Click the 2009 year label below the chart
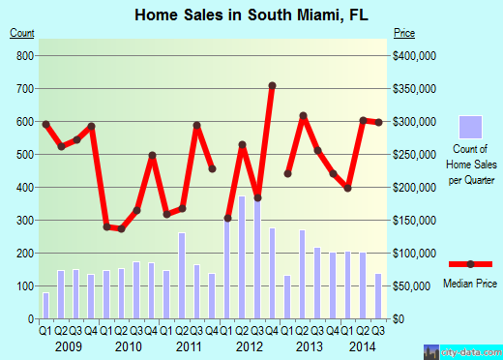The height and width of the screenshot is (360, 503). pyautogui.click(x=67, y=345)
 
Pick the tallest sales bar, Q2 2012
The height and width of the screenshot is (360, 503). pyautogui.click(x=242, y=257)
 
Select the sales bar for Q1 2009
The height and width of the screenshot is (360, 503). pyautogui.click(x=45, y=305)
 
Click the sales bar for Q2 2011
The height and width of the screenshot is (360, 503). pyautogui.click(x=181, y=275)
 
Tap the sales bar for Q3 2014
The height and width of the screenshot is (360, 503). pyautogui.click(x=378, y=295)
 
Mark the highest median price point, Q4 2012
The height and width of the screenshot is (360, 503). pyautogui.click(x=272, y=85)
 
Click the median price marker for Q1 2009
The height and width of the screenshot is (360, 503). pyautogui.click(x=45, y=124)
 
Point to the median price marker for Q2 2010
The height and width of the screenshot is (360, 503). pyautogui.click(x=121, y=228)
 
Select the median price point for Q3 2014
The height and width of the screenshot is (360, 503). pyautogui.click(x=378, y=122)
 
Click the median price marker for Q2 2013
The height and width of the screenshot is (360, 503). pyautogui.click(x=303, y=116)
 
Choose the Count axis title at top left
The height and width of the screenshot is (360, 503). pyautogui.click(x=21, y=34)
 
